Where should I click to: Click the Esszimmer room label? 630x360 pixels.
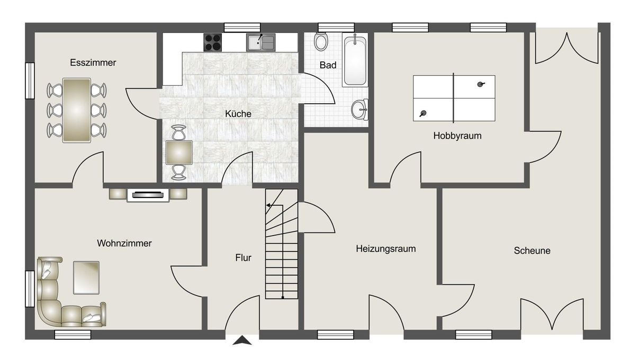click(x=93, y=62)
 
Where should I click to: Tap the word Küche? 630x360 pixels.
click(x=238, y=114)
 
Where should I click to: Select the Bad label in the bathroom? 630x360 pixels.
click(x=328, y=65)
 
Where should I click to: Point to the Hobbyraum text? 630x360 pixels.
click(x=457, y=136)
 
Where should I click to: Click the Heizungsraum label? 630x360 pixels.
click(x=385, y=248)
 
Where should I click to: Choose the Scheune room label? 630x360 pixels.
click(x=532, y=250)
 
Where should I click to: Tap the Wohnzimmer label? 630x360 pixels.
click(x=124, y=244)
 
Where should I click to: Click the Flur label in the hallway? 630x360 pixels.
click(x=243, y=258)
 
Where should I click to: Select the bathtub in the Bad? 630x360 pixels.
click(x=355, y=60)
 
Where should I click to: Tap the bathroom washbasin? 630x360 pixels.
click(x=360, y=110)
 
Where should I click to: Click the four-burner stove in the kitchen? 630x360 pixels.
click(x=213, y=42)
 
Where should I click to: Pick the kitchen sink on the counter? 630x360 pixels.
click(x=260, y=42)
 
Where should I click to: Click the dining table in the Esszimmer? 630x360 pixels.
click(x=77, y=110)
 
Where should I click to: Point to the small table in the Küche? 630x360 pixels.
click(x=179, y=152)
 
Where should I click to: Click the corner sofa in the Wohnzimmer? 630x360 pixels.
click(x=58, y=299)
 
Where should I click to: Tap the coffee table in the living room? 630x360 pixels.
click(x=86, y=277)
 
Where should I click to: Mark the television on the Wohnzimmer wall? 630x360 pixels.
click(x=148, y=195)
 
